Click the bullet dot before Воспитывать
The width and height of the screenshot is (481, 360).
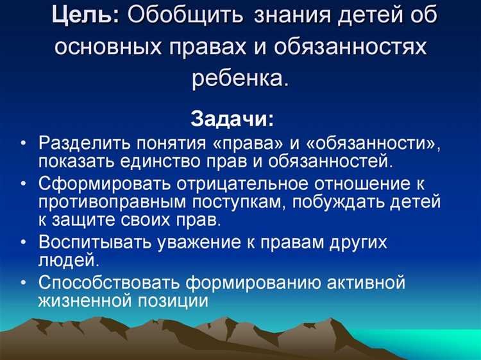coord(23,243)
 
